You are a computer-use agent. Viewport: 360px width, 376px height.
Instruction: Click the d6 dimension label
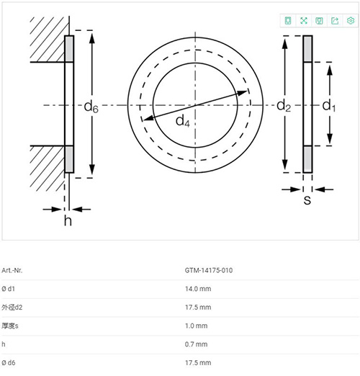pos(91,107)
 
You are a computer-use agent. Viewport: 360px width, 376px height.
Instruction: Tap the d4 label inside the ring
pos(183,121)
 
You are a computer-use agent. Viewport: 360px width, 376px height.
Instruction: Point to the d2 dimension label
pos(284,106)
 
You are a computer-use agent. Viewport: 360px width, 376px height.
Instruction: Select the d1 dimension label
pos(329,106)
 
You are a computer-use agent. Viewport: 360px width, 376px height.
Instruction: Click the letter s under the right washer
pos(307,200)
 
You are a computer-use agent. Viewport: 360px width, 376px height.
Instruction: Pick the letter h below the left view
pos(68,220)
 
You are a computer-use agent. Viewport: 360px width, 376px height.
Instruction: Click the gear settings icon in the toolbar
pos(351,21)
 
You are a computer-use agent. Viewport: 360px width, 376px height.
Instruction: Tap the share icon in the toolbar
pos(335,21)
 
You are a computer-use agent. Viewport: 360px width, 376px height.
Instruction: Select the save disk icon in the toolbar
pos(319,21)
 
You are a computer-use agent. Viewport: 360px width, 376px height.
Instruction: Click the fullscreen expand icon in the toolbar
pos(304,21)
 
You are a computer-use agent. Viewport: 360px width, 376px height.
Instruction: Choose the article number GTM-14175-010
pos(209,270)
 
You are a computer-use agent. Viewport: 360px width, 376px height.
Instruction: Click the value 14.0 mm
pos(198,289)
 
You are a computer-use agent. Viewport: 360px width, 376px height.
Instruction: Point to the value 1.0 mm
pos(196,326)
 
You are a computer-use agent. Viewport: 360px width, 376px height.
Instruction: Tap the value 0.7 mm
pos(196,344)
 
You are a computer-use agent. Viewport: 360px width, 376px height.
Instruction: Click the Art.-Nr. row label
pos(12,270)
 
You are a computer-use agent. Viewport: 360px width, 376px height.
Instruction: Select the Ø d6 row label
pos(9,362)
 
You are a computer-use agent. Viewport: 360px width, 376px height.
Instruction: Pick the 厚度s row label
pos(10,326)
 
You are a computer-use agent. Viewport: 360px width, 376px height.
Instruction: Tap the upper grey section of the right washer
pos(307,49)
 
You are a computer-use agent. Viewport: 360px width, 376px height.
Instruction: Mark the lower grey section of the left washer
pos(69,158)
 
